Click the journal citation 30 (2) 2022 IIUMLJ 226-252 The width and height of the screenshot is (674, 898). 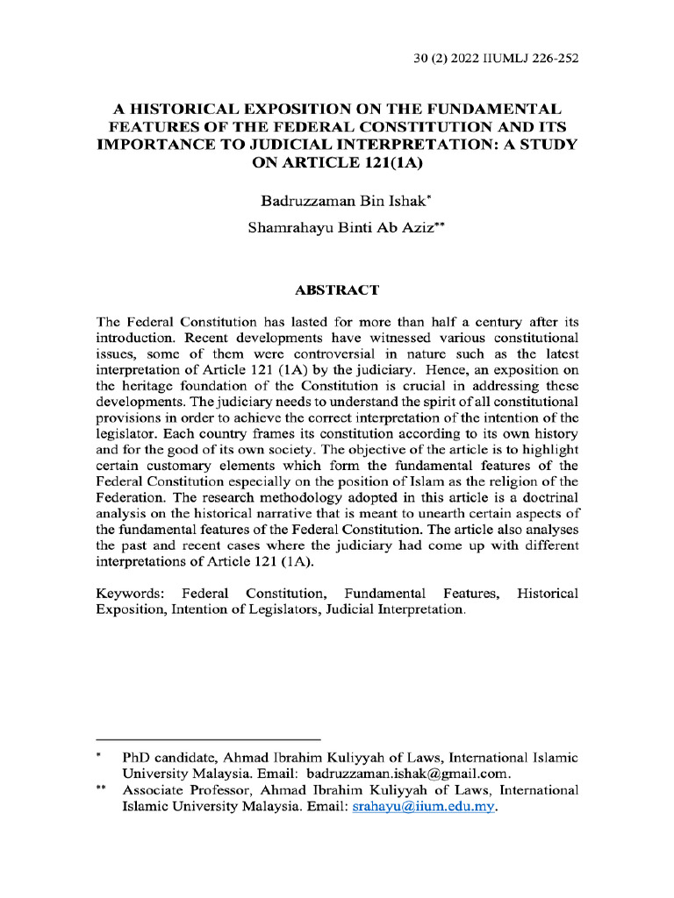495,60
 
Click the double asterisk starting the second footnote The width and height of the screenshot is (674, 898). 101,789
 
